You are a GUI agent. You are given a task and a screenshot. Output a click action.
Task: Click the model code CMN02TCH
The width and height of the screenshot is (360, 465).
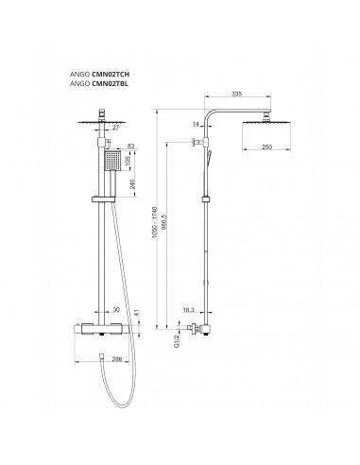111,75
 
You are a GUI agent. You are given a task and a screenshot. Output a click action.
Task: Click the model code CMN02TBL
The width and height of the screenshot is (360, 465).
110,84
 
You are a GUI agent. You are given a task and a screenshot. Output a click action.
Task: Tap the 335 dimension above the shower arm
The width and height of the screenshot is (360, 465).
236,94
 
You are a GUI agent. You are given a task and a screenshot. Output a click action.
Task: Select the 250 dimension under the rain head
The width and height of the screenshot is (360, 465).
266,147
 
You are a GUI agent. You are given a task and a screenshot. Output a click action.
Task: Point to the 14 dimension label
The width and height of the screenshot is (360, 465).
196,124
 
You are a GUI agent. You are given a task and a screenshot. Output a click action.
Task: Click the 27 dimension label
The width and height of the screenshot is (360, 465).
116,128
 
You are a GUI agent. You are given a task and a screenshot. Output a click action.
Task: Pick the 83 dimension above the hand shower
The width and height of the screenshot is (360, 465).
130,146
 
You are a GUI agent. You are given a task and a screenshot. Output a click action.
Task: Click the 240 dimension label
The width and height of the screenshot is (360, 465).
132,184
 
